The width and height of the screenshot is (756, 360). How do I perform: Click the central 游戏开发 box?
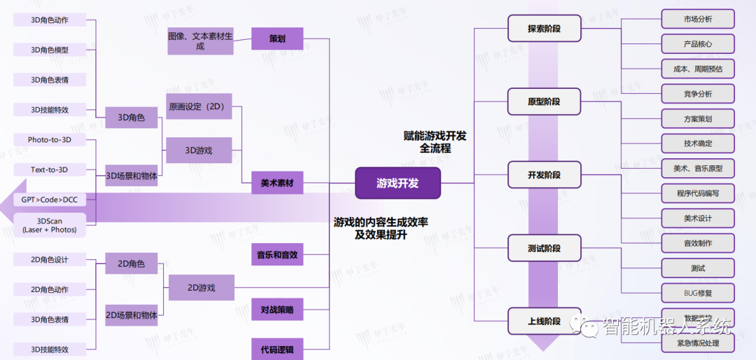[x=398, y=184]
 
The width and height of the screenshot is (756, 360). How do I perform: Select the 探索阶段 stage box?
[x=544, y=29]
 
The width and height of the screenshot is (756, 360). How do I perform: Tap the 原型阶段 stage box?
[x=544, y=102]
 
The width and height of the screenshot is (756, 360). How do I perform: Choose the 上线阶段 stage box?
[x=544, y=321]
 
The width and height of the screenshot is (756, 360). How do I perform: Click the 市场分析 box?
[x=697, y=19]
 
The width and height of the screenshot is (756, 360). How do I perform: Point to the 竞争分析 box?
[x=697, y=93]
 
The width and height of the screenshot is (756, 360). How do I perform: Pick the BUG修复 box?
[x=697, y=292]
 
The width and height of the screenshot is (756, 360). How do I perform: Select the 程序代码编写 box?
[x=697, y=193]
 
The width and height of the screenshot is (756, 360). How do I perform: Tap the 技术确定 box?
[x=697, y=143]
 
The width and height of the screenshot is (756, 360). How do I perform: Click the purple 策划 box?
[x=277, y=39]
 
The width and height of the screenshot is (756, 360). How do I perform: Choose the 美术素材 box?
[x=277, y=184]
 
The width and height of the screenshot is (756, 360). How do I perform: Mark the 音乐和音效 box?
[x=277, y=254]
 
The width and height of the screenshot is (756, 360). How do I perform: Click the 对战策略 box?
[x=277, y=309]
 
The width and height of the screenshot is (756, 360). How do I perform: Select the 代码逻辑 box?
[x=277, y=348]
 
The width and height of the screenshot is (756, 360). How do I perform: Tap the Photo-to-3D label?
[x=49, y=140]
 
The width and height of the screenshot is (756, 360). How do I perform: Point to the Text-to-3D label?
[x=49, y=169]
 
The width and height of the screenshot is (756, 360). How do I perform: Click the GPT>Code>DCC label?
[x=49, y=200]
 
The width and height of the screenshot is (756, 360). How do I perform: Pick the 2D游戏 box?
[x=201, y=287]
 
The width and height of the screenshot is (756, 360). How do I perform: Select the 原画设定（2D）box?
[x=199, y=106]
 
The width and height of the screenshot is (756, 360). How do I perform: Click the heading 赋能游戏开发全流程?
[x=435, y=142]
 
